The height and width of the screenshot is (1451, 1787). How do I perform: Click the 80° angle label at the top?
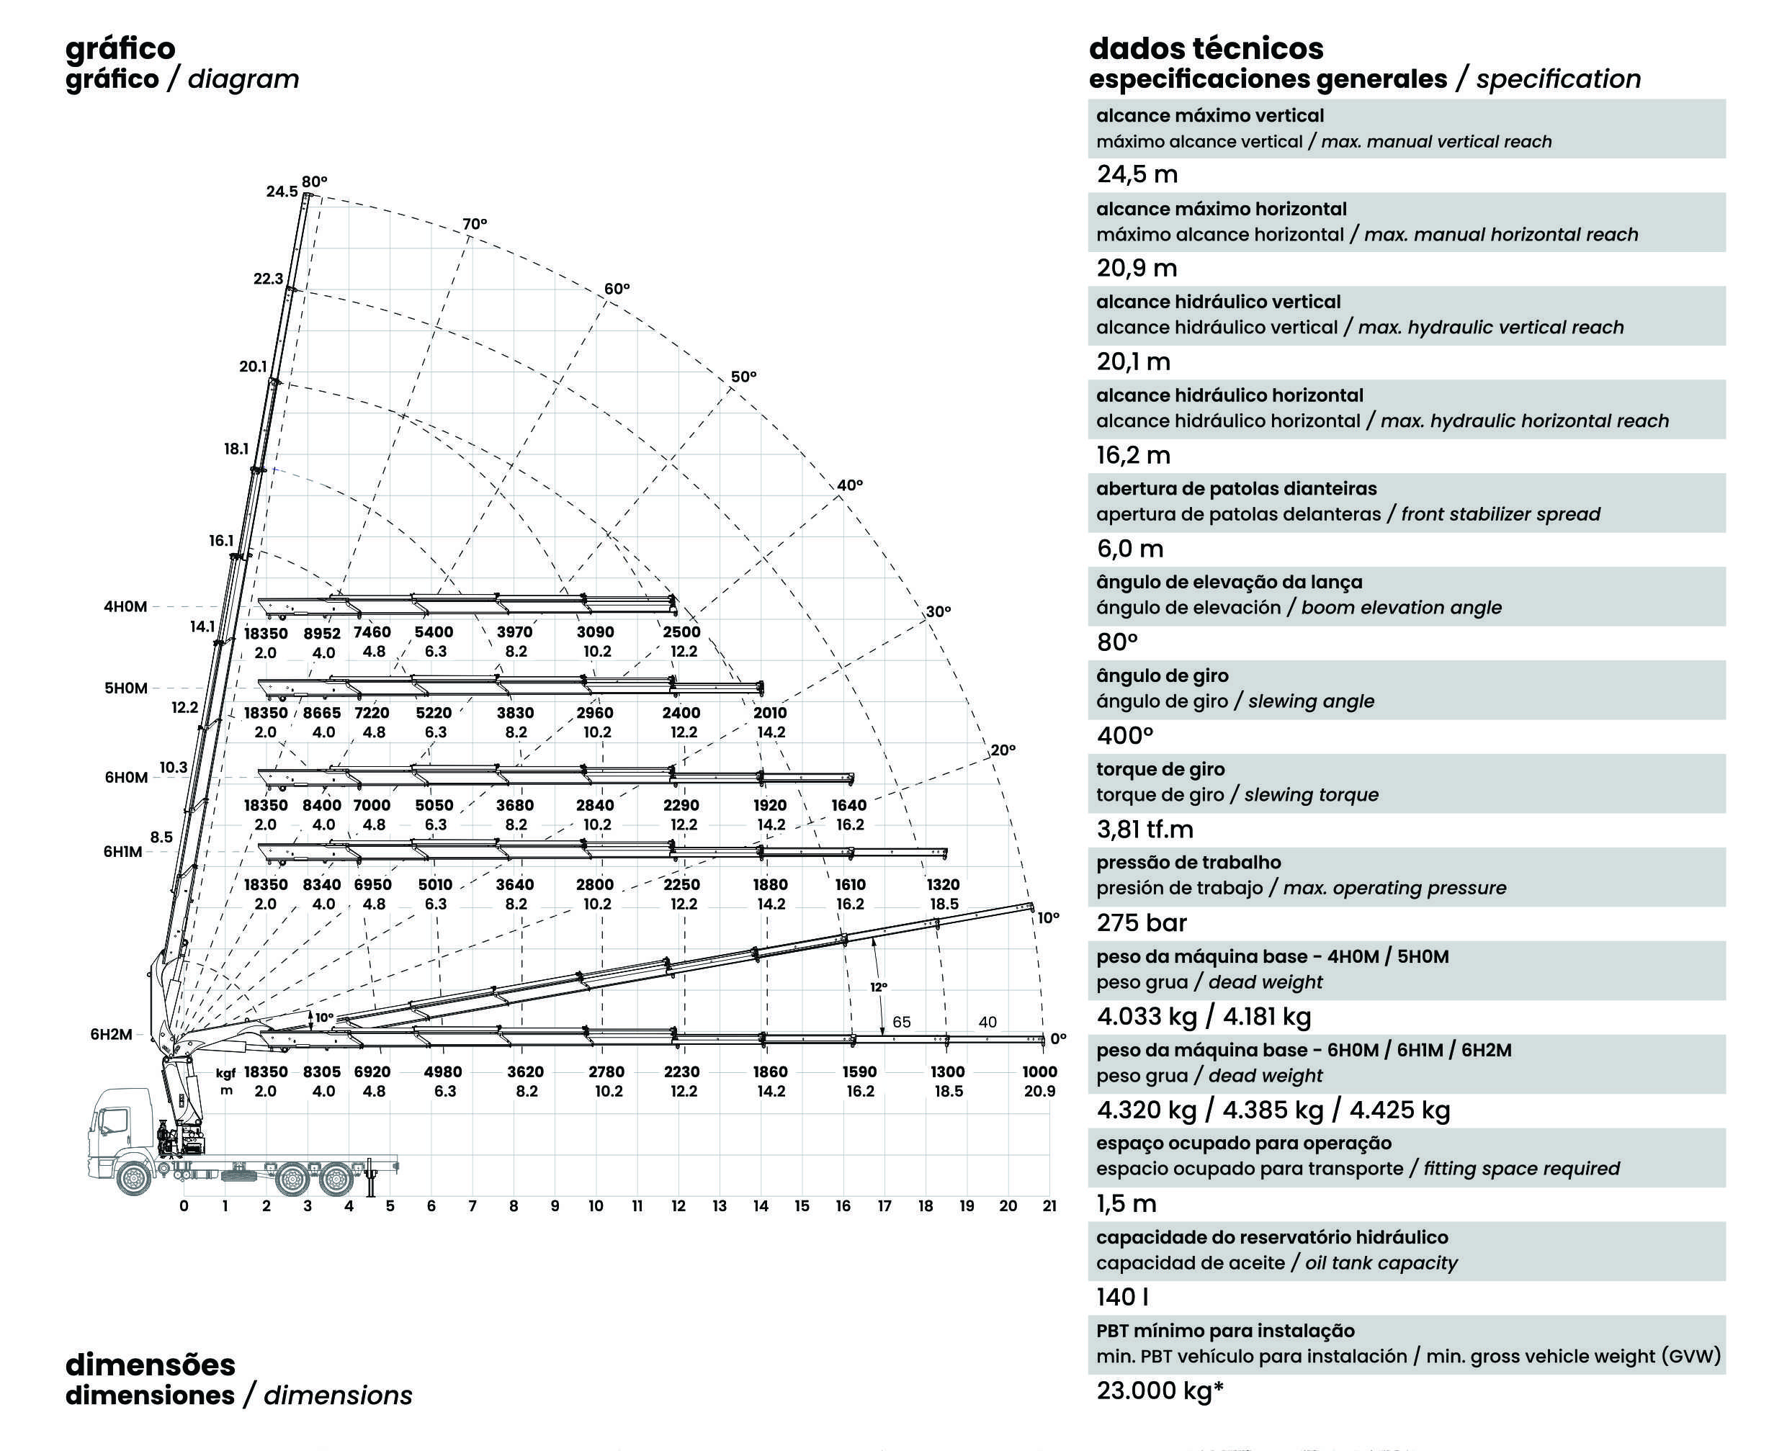314,181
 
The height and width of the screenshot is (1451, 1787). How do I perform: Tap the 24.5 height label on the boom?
282,192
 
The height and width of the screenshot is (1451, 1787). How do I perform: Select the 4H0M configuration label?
125,607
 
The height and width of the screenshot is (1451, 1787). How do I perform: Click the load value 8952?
322,634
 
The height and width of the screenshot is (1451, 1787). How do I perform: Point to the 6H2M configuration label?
111,1034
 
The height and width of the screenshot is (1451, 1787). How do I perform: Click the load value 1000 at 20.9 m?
1040,1072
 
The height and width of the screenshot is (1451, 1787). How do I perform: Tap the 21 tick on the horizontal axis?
1050,1206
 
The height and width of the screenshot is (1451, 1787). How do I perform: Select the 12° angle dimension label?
879,987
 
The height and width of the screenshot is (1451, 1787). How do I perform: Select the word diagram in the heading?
243,79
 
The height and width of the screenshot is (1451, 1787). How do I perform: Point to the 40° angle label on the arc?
850,485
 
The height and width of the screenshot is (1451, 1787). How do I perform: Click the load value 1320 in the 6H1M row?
944,884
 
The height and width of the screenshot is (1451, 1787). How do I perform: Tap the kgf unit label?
225,1073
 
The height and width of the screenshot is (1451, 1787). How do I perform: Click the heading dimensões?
151,1364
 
